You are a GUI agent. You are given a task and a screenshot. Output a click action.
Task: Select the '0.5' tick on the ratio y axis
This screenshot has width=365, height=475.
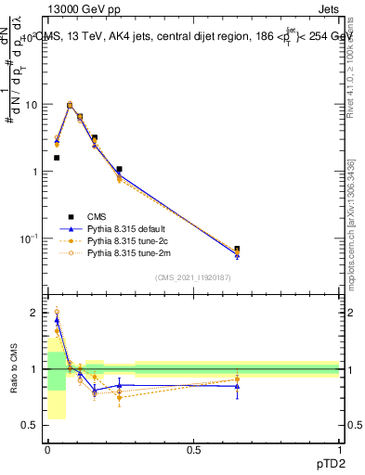pos(34,425)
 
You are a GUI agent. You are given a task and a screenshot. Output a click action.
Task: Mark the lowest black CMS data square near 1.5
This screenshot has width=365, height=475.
pos(57,158)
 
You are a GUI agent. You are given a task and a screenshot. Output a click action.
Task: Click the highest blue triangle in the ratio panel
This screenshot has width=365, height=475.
pos(57,320)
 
